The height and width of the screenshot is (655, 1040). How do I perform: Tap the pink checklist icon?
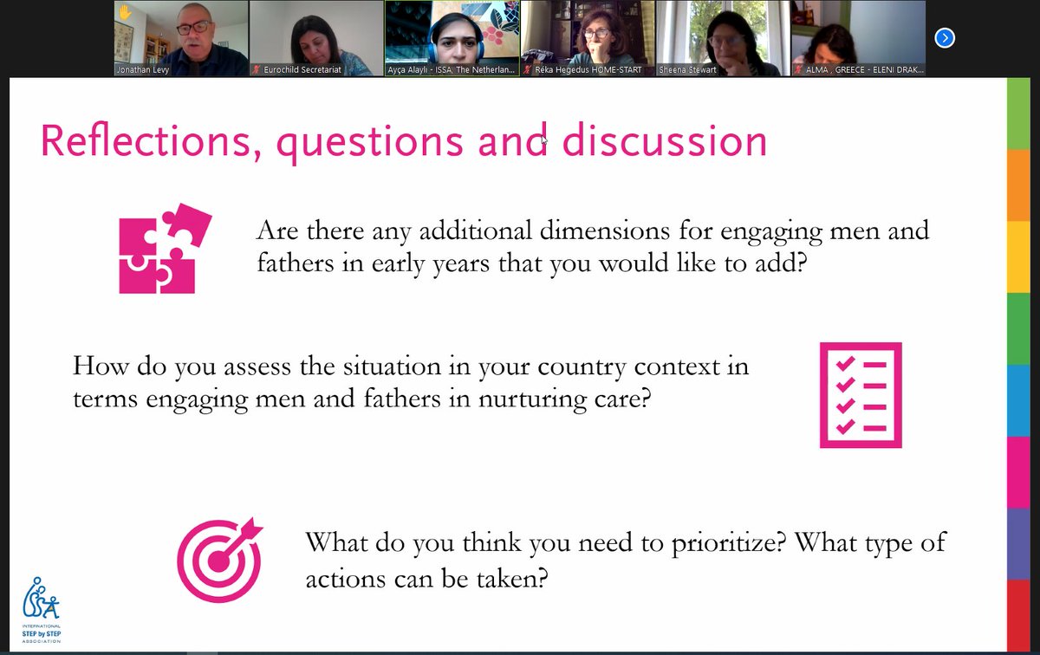(860, 395)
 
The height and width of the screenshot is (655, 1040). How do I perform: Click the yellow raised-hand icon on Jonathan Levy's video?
(125, 12)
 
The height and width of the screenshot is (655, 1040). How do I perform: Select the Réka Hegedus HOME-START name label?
(588, 69)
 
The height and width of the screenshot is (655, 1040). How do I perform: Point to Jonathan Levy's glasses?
(193, 27)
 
